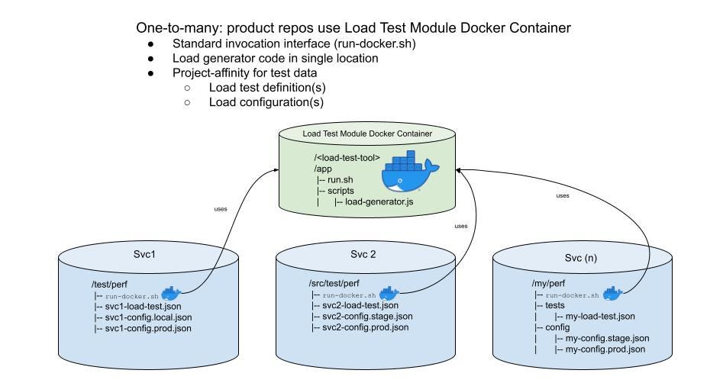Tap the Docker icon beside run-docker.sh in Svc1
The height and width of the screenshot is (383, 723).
pyautogui.click(x=171, y=294)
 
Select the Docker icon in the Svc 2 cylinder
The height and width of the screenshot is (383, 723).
pyautogui.click(x=389, y=294)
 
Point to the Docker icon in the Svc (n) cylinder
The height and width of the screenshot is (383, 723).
pyautogui.click(x=612, y=293)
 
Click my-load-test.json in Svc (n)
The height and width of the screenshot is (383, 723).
pyautogui.click(x=600, y=316)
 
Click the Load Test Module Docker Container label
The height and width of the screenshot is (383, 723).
pyautogui.click(x=367, y=134)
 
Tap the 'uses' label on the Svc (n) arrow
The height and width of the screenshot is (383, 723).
pyautogui.click(x=563, y=195)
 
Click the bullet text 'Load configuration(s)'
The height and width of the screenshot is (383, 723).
pyautogui.click(x=266, y=102)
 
